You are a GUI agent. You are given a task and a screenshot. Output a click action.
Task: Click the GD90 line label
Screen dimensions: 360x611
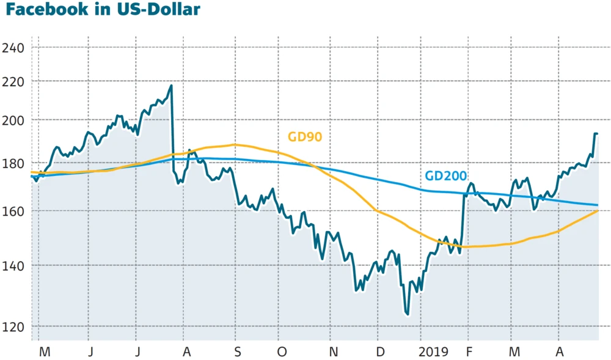tap(305, 137)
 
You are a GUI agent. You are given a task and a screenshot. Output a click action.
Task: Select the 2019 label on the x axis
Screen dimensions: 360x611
tap(434, 352)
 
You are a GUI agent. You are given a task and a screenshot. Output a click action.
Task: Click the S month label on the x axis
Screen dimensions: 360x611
tap(238, 352)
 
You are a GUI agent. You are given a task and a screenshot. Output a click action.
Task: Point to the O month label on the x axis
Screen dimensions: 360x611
tap(282, 352)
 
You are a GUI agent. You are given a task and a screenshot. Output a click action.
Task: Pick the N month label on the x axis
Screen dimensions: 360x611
tap(333, 352)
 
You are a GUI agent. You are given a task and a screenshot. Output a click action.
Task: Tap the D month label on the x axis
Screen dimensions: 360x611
tap(380, 352)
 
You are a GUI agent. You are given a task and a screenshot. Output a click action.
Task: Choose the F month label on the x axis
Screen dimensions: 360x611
tap(468, 352)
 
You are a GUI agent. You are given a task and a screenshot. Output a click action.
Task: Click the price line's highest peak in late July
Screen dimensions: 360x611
tap(171, 86)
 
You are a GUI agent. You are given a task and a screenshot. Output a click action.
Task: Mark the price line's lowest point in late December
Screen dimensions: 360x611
tap(406, 314)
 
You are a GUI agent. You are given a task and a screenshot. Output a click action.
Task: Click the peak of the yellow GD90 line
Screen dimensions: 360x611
tap(234, 145)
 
